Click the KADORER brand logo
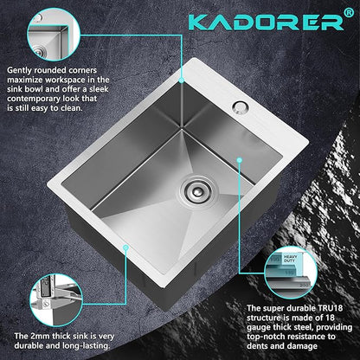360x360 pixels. point(267,22)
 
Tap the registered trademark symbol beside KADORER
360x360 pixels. point(349,13)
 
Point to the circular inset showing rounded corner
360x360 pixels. point(54,35)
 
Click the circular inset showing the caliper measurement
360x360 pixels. point(56,300)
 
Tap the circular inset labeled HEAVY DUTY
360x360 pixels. point(291,273)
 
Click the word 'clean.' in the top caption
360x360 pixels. point(72,108)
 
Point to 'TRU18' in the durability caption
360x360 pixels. point(330,308)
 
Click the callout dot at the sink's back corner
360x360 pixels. point(182,80)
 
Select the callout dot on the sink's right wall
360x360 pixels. point(240,159)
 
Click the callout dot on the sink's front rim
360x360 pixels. point(125,247)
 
